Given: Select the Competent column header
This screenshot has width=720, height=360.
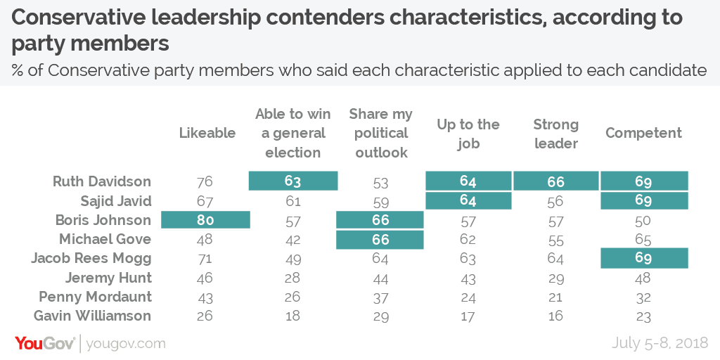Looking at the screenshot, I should [x=644, y=134].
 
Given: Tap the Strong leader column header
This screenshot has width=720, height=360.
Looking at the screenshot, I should [x=555, y=134].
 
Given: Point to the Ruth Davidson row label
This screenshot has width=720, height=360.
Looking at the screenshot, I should [x=102, y=181].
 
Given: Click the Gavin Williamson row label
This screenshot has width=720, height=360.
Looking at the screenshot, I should [x=96, y=316].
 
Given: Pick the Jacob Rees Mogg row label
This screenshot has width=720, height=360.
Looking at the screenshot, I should [x=91, y=258].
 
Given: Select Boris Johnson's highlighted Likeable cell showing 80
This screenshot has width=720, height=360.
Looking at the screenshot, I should [x=206, y=220].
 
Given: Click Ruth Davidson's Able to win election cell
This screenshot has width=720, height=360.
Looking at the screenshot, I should [x=293, y=181].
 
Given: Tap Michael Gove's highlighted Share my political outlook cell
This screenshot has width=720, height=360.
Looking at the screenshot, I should [x=380, y=239].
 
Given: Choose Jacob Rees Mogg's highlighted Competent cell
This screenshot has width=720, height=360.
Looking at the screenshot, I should [x=643, y=258].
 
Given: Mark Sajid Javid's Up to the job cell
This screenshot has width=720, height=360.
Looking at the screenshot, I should [x=468, y=201].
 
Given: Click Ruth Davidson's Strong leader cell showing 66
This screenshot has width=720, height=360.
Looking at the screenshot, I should [x=555, y=181].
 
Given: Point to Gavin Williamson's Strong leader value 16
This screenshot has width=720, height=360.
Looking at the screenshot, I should [x=555, y=316].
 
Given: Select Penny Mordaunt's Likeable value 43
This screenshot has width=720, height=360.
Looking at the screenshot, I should [x=206, y=297].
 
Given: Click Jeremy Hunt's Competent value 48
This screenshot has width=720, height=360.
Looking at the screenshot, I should [x=643, y=278].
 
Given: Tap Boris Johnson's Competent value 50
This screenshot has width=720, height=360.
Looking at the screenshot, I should [x=643, y=220].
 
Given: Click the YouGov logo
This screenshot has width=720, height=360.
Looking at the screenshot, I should [x=45, y=343].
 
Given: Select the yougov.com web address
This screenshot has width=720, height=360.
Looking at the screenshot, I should [x=127, y=344].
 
